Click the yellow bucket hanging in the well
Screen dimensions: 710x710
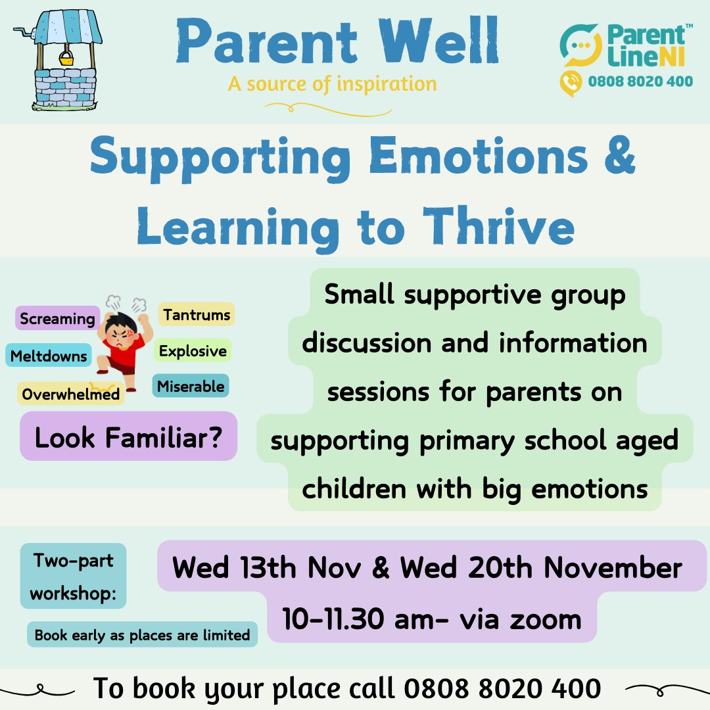click(x=66, y=59)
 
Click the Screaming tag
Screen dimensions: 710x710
click(x=57, y=318)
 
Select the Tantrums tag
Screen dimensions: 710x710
click(x=197, y=314)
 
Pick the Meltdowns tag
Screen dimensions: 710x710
click(x=49, y=356)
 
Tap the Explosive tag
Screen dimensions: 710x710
click(x=193, y=350)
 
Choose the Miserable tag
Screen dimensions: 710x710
click(x=191, y=386)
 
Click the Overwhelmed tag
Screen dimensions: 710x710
click(x=70, y=394)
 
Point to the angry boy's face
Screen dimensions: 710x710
click(x=119, y=337)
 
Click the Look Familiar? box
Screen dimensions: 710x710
click(x=129, y=437)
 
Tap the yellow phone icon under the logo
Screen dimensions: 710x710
click(x=571, y=83)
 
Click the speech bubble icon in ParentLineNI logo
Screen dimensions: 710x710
click(x=581, y=46)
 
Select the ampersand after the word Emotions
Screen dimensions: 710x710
click(x=619, y=154)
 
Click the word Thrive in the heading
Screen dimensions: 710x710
click(x=498, y=226)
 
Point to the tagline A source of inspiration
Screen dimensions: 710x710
click(x=333, y=84)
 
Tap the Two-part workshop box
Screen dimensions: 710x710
click(x=74, y=576)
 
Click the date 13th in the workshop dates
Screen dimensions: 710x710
click(x=268, y=567)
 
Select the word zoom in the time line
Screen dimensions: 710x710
click(x=546, y=619)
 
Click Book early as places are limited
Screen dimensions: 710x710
click(x=142, y=634)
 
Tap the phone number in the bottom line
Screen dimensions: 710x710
click(x=502, y=688)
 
